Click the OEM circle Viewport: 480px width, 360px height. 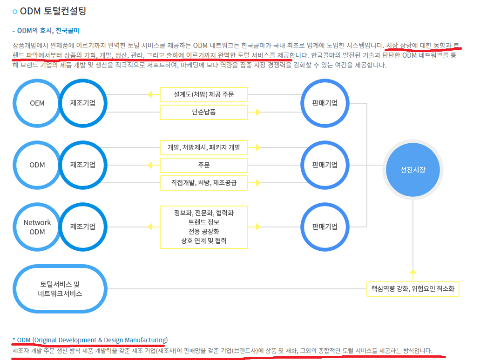(x=37, y=103)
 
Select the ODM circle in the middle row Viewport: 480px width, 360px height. (x=37, y=165)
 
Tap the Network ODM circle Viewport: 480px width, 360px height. (x=37, y=227)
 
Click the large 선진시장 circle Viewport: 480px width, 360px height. (x=413, y=170)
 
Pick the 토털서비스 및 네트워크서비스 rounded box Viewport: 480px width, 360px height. (x=60, y=289)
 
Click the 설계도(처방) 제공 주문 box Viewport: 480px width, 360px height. (x=204, y=94)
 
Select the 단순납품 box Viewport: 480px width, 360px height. (x=204, y=112)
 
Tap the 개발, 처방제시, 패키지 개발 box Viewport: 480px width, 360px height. (x=204, y=147)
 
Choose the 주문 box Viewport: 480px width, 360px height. (x=204, y=165)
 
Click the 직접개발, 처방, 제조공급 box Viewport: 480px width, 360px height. (x=204, y=183)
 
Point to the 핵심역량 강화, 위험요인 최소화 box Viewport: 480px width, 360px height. (x=413, y=289)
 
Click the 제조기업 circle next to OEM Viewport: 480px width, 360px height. (x=83, y=103)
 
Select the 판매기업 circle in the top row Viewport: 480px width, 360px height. (x=325, y=103)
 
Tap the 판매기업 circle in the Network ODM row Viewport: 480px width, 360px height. (x=325, y=227)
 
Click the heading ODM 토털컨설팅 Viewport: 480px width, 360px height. (x=53, y=11)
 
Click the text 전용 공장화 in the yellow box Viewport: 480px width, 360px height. (x=204, y=231)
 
